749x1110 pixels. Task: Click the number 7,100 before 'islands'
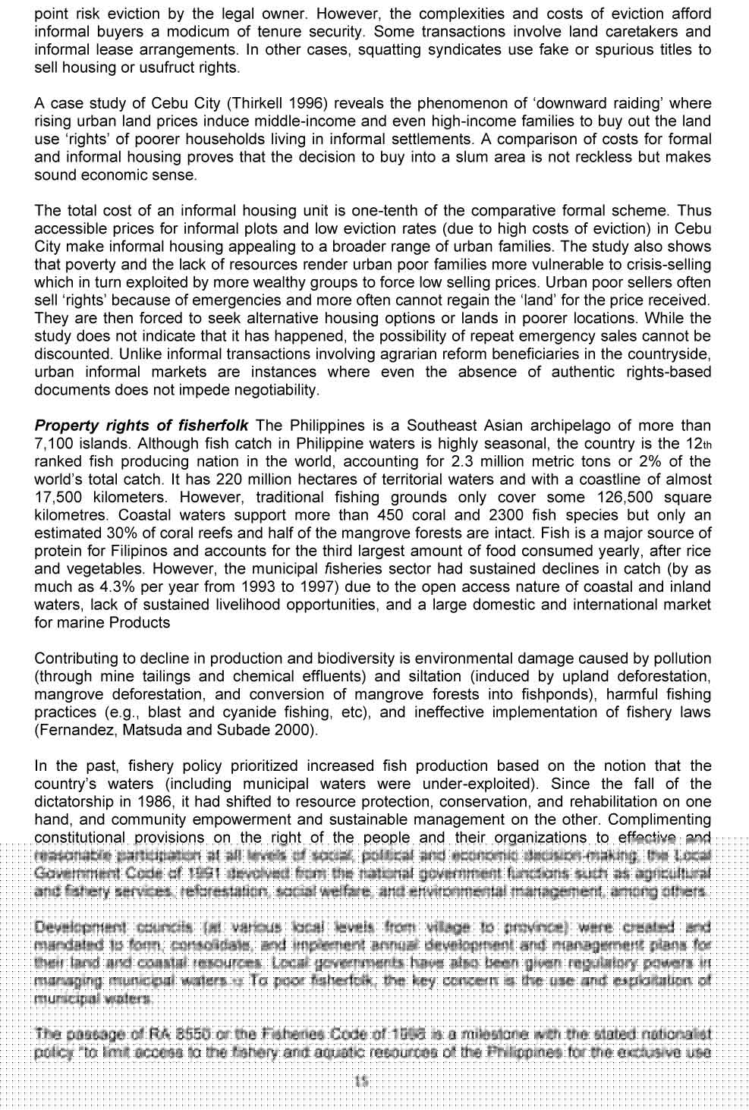[x=52, y=444]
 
